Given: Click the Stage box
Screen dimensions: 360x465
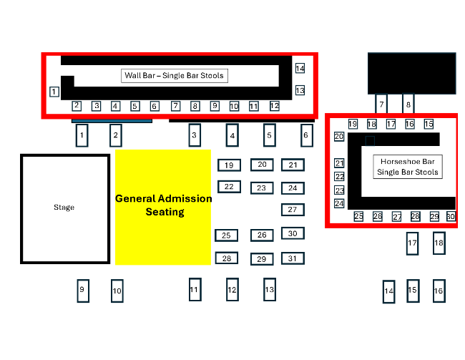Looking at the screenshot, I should click(x=64, y=208).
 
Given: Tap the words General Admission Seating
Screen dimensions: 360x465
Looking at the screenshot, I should click(x=164, y=205).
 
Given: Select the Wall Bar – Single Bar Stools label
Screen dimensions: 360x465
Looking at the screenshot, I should click(x=175, y=75).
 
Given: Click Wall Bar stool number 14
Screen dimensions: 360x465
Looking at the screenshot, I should click(x=300, y=69).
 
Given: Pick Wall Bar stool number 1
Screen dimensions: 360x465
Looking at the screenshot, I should click(x=54, y=92).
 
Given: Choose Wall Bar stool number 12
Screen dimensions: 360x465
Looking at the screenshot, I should click(x=274, y=106).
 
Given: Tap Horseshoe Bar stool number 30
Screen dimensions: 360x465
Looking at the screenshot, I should click(x=451, y=216).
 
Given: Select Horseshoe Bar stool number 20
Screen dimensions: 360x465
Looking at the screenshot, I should click(x=340, y=136).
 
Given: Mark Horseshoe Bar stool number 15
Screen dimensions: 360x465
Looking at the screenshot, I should click(x=429, y=125).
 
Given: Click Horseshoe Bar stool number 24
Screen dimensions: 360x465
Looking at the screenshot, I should click(x=339, y=204).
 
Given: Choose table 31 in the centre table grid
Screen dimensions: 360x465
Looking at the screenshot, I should click(x=292, y=258).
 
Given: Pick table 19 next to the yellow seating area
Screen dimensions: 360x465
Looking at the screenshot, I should click(x=229, y=165).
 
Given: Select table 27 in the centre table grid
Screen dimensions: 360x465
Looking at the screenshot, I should click(x=292, y=210).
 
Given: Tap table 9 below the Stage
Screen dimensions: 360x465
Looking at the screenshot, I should click(x=82, y=290).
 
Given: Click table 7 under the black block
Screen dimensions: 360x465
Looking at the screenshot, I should click(x=381, y=104).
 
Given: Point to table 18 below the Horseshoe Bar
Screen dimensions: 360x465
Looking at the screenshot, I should click(x=439, y=243).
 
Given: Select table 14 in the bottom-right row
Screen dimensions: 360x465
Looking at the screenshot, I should click(x=389, y=291).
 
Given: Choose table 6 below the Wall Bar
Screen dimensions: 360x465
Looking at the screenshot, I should click(x=305, y=135).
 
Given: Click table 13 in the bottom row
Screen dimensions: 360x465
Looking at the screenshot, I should click(x=269, y=290).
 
